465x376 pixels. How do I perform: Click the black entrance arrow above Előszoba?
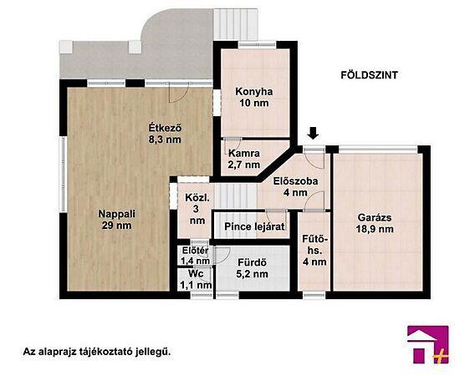[x=313, y=133]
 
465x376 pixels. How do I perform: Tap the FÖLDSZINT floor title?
[x=369, y=75]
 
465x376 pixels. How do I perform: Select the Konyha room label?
[x=254, y=97]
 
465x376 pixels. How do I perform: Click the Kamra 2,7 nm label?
[x=243, y=159]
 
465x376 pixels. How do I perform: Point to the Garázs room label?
[x=375, y=223]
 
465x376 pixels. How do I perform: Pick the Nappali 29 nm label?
[x=116, y=219]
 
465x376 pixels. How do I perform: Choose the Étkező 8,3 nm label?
[x=165, y=134]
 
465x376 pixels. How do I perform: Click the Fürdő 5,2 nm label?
[x=252, y=268]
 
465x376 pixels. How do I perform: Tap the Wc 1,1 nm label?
[x=196, y=279]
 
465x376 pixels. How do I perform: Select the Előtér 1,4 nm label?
[x=196, y=256]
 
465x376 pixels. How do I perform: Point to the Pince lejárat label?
[x=254, y=226]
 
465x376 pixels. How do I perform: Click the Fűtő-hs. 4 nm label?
[x=314, y=251]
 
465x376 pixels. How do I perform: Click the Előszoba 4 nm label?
[x=295, y=186]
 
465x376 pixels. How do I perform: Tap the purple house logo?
[x=428, y=344]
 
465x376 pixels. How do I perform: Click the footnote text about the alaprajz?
[x=97, y=352]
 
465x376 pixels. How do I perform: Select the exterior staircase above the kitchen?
[x=236, y=24]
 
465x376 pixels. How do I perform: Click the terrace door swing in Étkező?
[x=178, y=94]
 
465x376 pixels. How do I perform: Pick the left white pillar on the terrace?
[x=66, y=47]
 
